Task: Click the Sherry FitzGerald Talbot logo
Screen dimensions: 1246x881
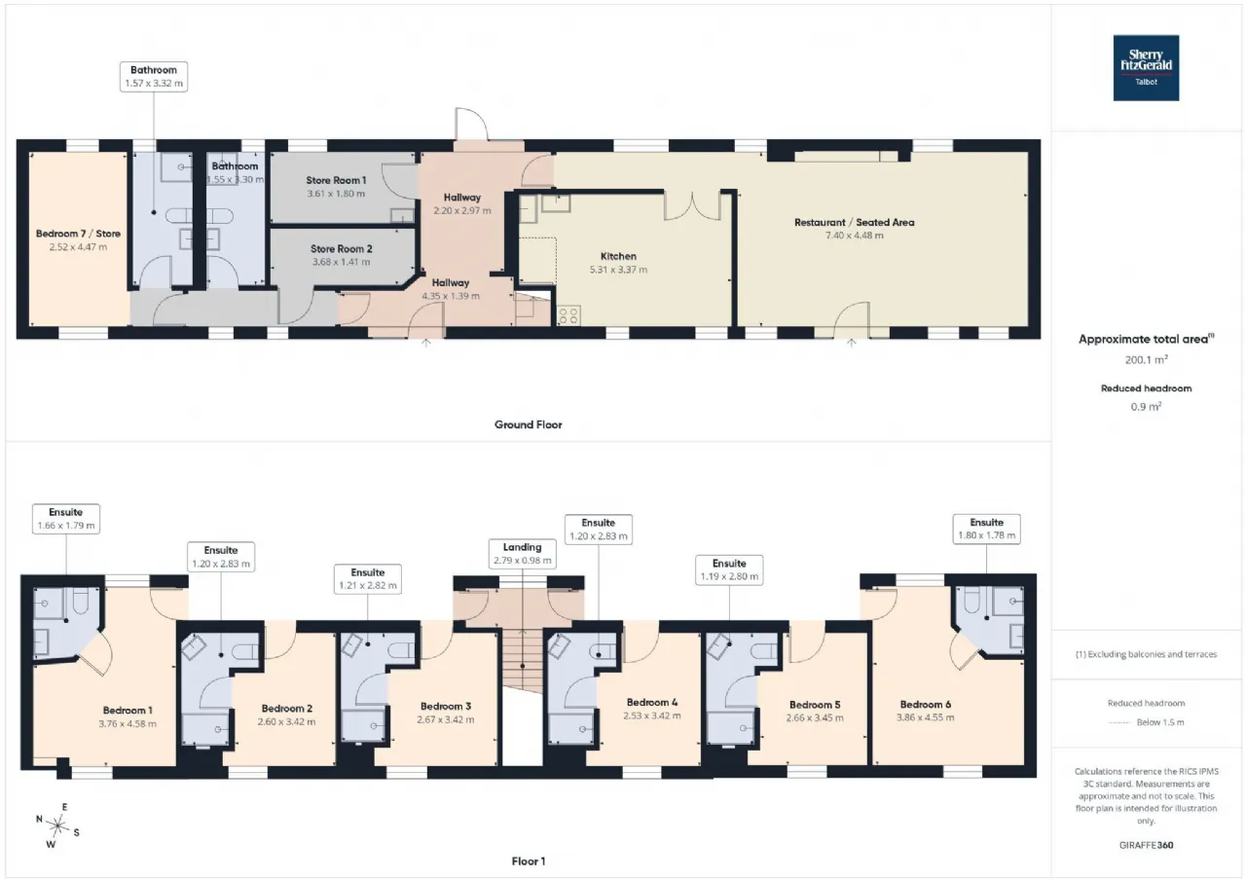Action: (1146, 68)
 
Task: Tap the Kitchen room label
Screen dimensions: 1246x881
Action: (618, 256)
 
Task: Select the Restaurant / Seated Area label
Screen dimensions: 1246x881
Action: (854, 223)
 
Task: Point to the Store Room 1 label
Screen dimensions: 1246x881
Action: (336, 180)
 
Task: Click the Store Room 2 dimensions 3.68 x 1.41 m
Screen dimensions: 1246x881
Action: (341, 262)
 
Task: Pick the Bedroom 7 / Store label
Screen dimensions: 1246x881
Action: (78, 234)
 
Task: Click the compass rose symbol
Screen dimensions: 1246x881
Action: (57, 826)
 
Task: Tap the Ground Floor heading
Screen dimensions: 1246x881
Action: (528, 425)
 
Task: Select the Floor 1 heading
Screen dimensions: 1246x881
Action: (528, 862)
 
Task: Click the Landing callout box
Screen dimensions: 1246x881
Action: (523, 553)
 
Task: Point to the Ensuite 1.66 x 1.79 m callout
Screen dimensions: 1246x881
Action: (66, 519)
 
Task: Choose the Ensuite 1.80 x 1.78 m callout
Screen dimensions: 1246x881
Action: (986, 529)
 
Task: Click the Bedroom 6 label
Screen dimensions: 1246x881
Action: (925, 705)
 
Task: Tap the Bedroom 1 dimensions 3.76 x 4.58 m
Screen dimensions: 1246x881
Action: (128, 724)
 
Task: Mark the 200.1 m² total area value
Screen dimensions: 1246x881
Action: (1146, 360)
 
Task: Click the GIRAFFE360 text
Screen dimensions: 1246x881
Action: (1146, 845)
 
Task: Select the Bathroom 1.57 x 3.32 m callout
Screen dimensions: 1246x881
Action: (154, 77)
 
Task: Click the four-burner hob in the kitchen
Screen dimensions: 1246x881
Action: (568, 316)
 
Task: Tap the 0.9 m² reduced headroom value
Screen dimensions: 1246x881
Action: (1146, 407)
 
